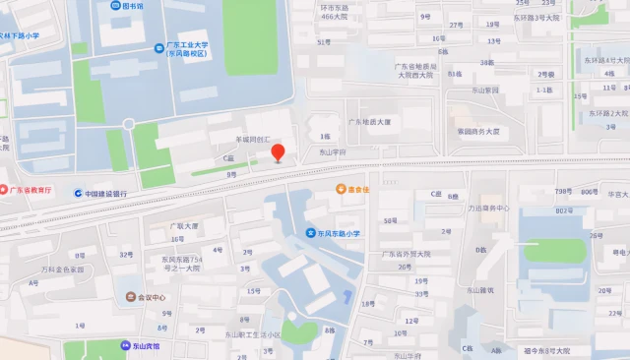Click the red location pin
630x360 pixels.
click(279, 152)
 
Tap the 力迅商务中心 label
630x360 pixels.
click(488, 209)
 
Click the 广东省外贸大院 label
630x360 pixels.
click(405, 253)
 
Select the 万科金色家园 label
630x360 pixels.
click(62, 269)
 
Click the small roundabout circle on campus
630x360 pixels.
click(128, 124)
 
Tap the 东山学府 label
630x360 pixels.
click(333, 152)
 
